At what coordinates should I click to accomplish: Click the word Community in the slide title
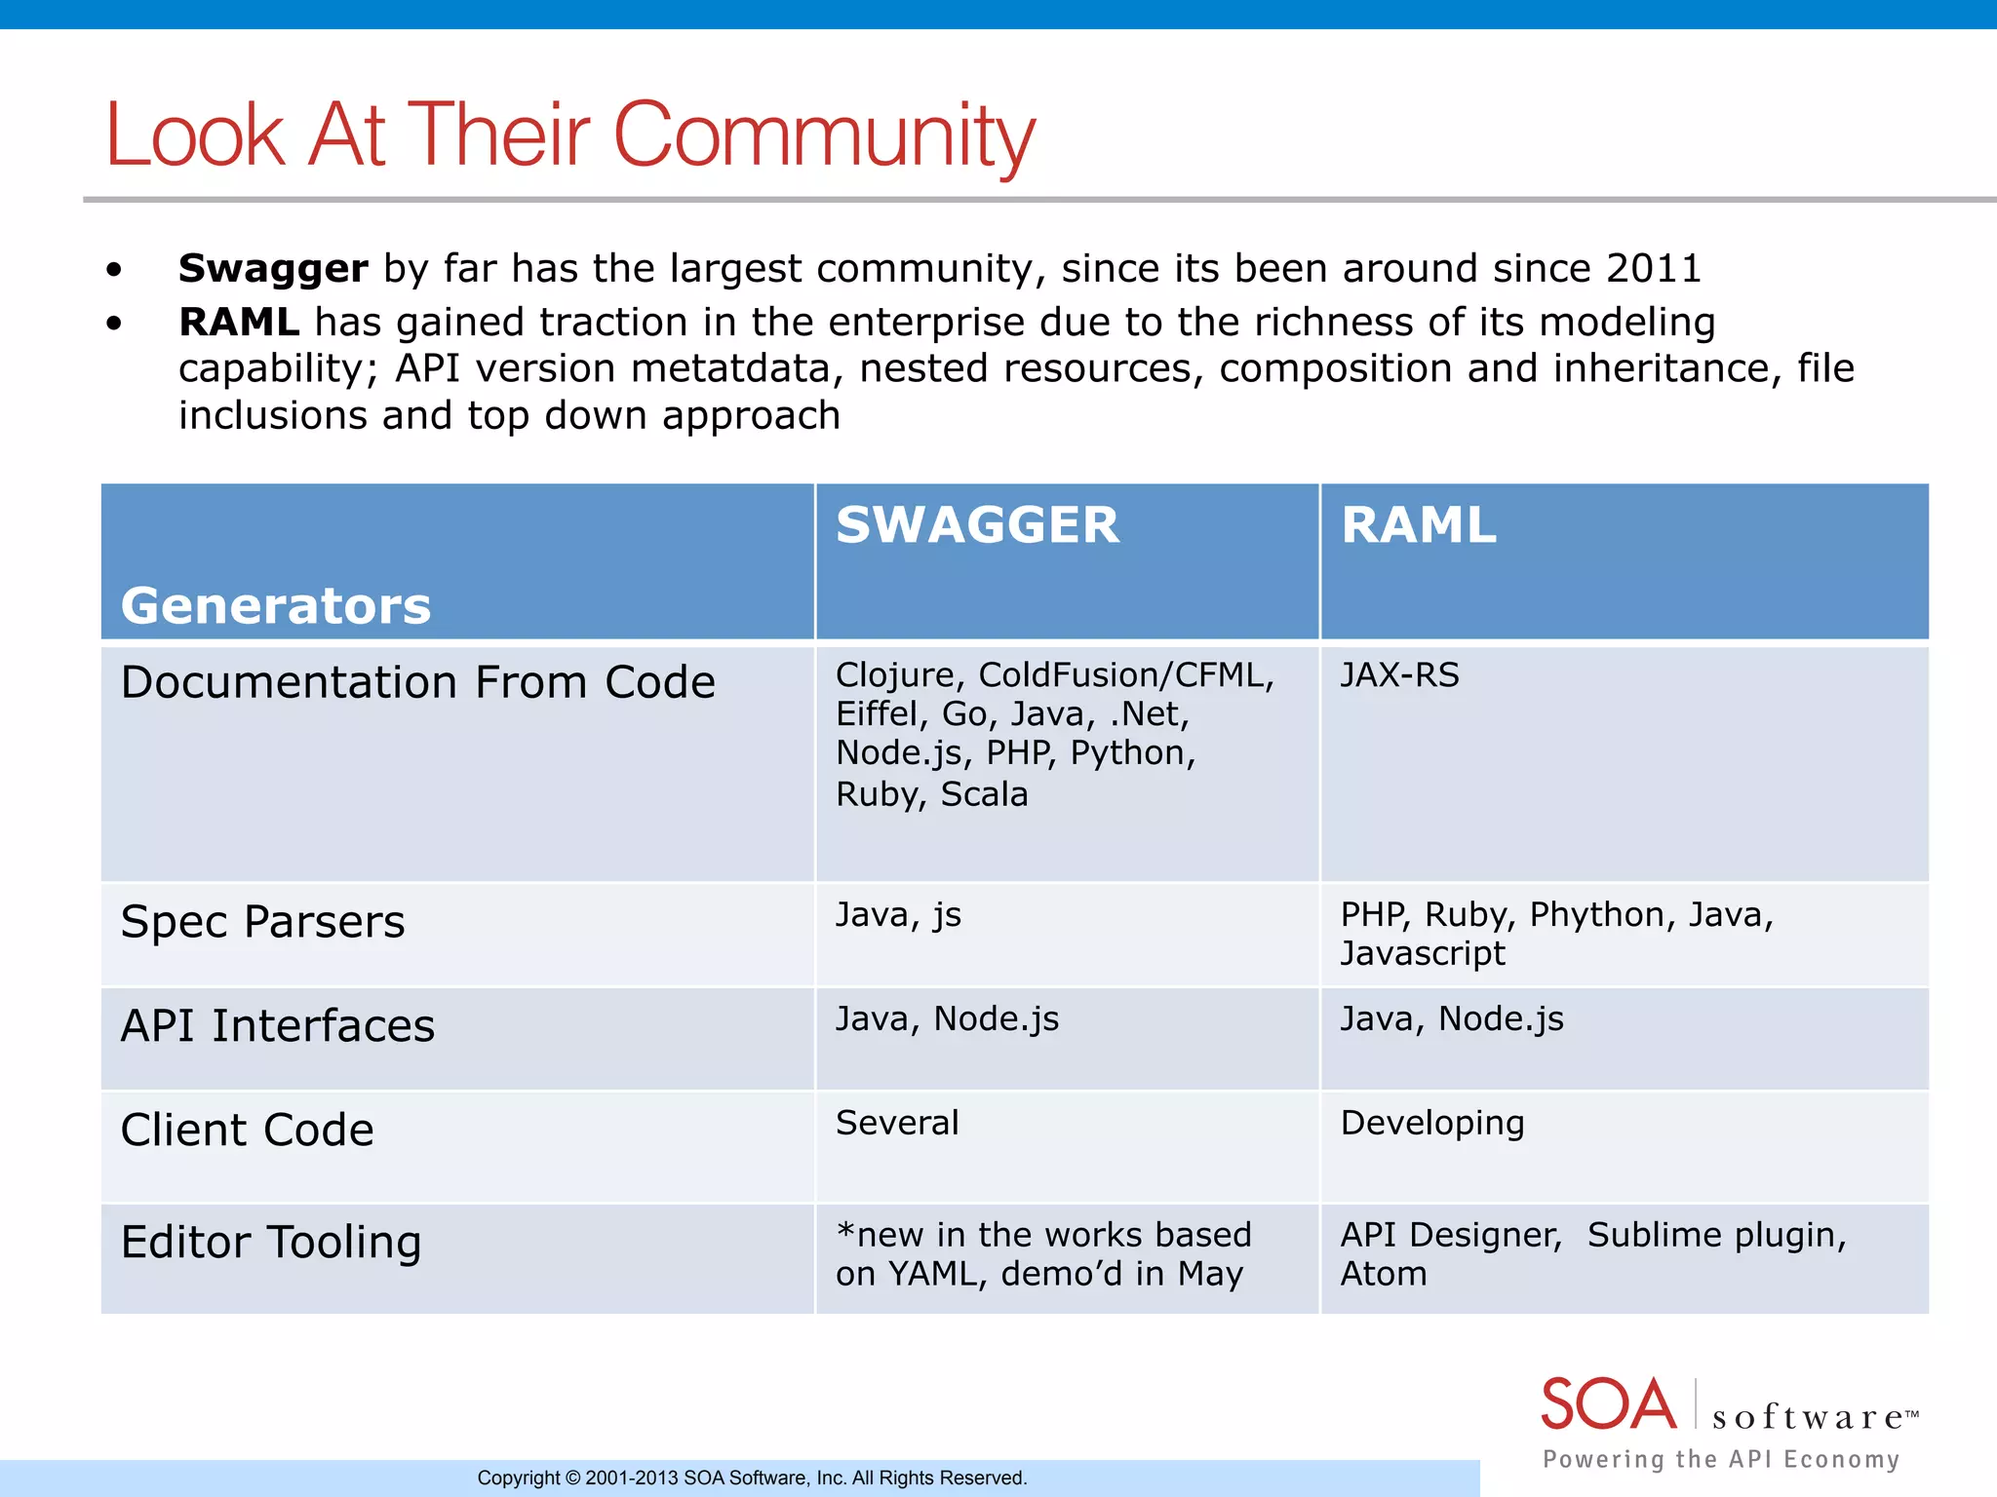824,136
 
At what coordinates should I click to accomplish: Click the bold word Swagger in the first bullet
273,269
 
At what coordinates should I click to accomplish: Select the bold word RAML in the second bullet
239,323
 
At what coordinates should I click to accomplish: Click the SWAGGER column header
977,525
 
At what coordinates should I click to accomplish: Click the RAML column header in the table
1418,525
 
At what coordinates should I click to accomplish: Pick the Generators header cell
276,605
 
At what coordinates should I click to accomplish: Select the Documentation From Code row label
417,682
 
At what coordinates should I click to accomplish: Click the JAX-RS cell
1399,675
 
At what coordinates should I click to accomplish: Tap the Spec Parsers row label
262,922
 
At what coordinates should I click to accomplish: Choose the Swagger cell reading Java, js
898,915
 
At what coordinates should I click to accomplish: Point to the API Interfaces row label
277,1026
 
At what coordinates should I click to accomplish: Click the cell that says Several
897,1123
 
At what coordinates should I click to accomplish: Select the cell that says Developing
1431,1123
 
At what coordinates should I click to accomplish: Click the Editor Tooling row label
271,1243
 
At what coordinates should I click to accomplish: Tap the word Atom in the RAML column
1383,1274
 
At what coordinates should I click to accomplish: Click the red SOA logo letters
1608,1404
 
